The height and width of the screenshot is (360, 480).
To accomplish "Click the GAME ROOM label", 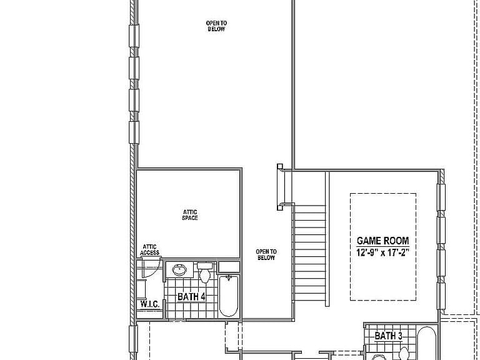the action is (382, 241).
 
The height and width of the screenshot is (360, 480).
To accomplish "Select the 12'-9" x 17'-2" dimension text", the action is (382, 253).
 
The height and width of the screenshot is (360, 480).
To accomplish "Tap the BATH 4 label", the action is (191, 297).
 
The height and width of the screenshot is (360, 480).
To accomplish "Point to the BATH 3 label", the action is (389, 336).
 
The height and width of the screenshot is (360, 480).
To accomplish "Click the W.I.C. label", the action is (150, 304).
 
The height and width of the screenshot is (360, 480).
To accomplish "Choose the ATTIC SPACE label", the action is (190, 215).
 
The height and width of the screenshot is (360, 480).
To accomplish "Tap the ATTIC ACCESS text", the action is (150, 250).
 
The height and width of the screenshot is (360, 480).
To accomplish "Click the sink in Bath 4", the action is (179, 270).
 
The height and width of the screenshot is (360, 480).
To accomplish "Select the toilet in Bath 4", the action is (205, 272).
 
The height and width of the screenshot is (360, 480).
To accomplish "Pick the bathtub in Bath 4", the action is (229, 296).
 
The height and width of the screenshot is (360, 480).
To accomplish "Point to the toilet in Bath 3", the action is (404, 354).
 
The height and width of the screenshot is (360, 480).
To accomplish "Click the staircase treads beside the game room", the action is (309, 253).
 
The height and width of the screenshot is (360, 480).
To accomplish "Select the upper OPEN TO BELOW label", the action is (216, 26).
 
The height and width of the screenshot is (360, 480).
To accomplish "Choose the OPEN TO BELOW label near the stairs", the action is (266, 255).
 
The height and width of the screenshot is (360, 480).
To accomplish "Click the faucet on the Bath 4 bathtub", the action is (229, 278).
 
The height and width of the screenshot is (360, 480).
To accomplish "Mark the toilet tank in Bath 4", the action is (205, 266).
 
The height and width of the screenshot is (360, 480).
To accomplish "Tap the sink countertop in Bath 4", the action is (180, 270).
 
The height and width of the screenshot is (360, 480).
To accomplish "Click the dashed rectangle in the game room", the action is (383, 194).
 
